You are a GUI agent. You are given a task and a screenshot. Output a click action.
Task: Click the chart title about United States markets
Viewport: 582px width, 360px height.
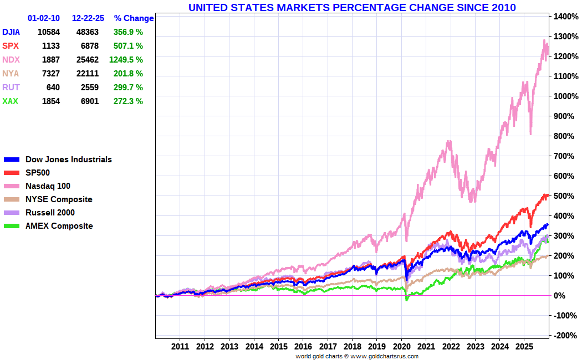coord(352,7)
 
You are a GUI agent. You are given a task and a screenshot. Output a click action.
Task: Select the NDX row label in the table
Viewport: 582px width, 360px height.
coord(11,60)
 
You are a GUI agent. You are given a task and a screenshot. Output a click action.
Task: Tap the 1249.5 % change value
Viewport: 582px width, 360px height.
coord(126,60)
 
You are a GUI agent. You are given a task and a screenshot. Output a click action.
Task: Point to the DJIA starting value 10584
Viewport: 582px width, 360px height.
coord(49,32)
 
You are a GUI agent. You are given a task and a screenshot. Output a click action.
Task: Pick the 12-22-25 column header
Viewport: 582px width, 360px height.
coord(88,18)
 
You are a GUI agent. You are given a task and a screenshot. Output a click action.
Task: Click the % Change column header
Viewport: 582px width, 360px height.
coord(134,18)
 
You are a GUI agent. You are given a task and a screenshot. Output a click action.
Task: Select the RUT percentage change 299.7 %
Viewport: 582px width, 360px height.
coord(128,88)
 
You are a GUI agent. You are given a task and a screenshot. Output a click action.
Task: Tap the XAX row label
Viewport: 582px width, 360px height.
coord(10,101)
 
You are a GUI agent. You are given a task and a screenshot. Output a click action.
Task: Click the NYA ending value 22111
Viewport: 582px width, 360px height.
coord(88,74)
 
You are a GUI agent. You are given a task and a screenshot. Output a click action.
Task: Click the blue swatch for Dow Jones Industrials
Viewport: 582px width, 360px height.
coord(12,160)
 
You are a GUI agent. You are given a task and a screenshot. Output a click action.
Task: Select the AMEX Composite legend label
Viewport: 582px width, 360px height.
coord(59,226)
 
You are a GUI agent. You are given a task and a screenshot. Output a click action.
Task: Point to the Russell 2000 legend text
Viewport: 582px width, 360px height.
coord(50,213)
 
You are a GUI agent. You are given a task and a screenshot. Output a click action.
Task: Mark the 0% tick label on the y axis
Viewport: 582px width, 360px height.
coord(559,296)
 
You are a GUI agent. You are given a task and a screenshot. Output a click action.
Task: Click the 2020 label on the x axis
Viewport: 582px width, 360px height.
coord(401,347)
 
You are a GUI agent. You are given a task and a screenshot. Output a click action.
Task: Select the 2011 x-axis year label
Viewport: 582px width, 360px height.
coord(180,347)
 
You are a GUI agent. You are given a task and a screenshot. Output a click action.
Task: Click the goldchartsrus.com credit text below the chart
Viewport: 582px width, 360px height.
coord(357,356)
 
